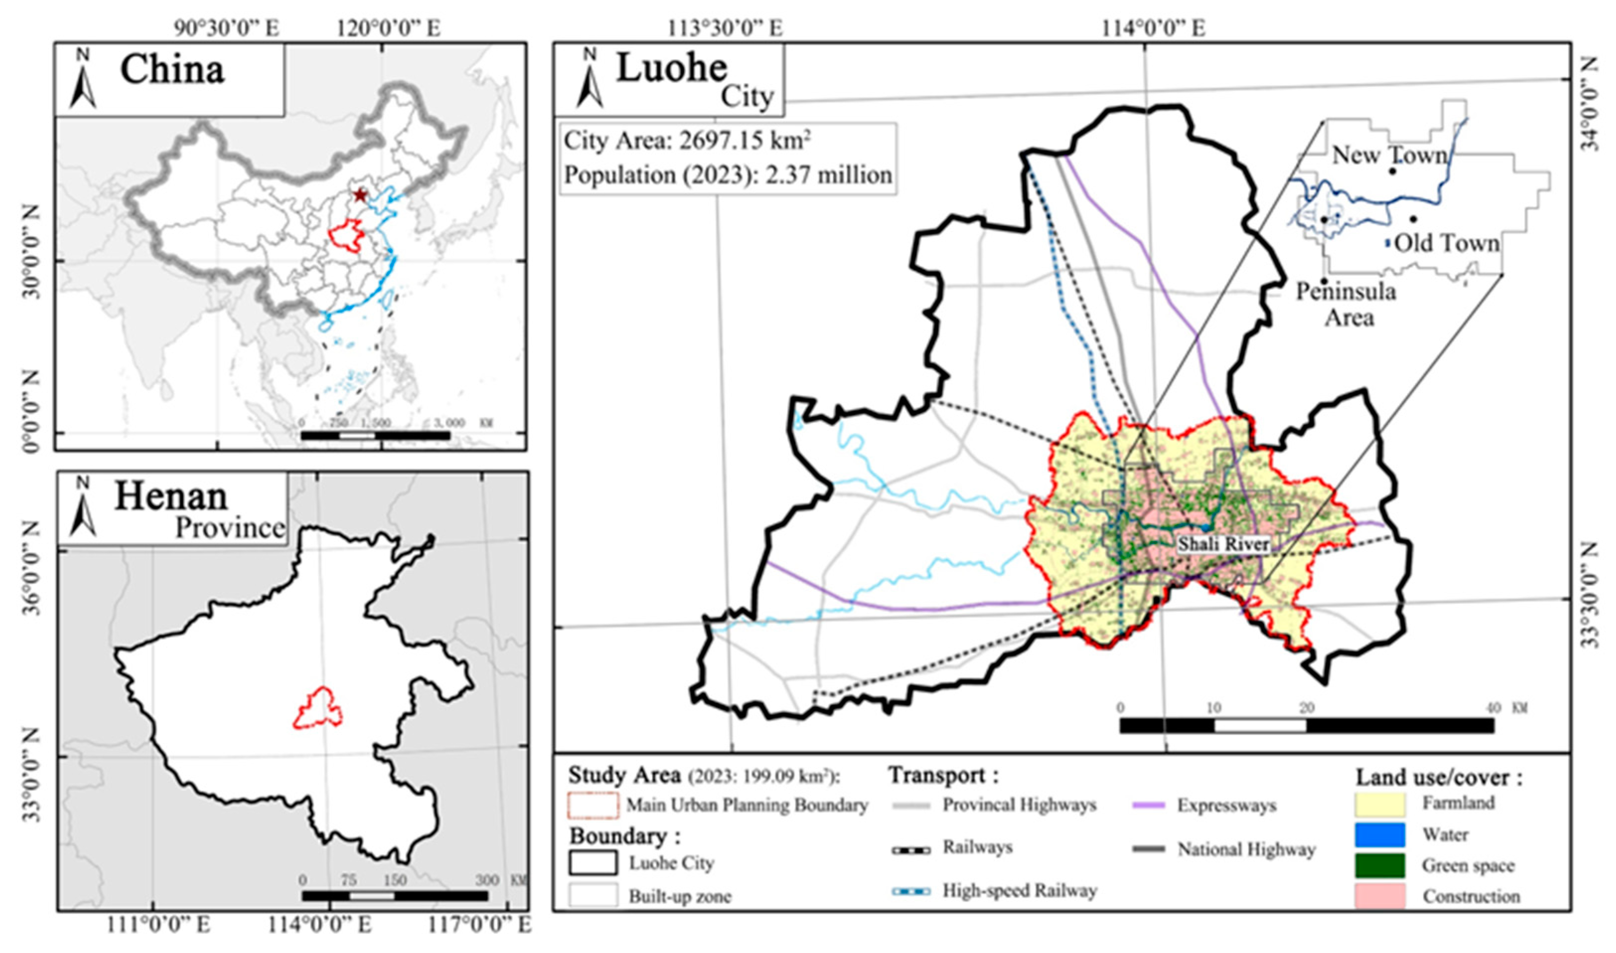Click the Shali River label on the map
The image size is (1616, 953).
pos(1223,544)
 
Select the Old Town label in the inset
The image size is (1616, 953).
pos(1447,243)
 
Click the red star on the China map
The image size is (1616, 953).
pos(360,195)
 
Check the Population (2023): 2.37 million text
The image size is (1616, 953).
pos(727,175)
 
